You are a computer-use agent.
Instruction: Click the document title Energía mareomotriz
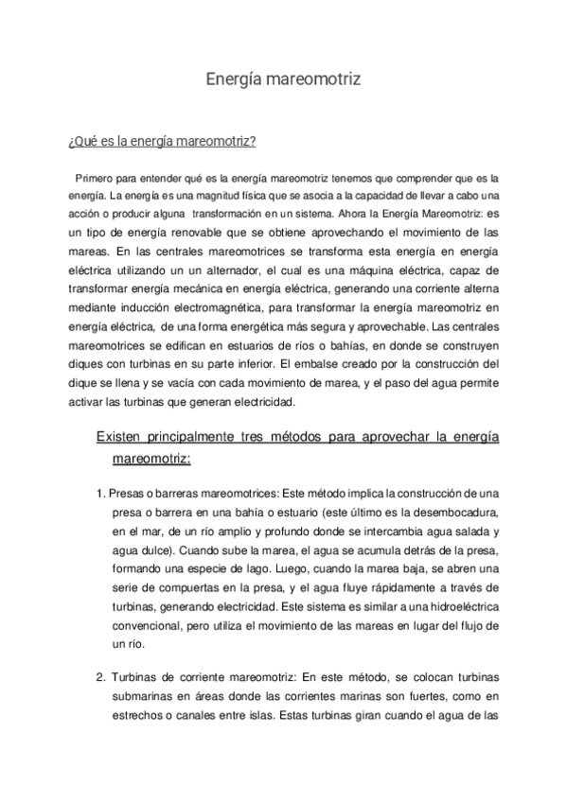point(283,80)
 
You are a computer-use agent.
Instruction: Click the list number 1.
point(100,495)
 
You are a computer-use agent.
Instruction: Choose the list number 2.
point(100,678)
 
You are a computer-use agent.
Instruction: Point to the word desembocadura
point(449,513)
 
